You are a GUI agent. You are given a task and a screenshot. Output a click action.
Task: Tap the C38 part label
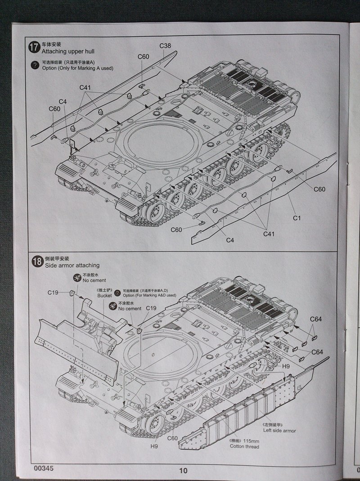point(165,46)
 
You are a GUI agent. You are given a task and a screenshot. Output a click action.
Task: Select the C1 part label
point(297,218)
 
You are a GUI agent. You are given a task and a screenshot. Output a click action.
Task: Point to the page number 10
point(183,471)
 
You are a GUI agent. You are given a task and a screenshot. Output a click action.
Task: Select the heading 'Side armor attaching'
point(72,265)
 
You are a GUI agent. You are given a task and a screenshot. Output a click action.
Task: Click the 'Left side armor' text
point(279,431)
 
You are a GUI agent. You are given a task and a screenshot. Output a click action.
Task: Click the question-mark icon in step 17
point(34,65)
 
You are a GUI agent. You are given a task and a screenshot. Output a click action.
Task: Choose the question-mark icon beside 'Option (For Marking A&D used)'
point(118,293)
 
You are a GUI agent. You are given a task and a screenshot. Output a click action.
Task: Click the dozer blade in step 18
point(72,346)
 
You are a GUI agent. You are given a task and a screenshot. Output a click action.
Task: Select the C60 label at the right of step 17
point(319,189)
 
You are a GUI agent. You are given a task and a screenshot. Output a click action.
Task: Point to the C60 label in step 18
point(172,438)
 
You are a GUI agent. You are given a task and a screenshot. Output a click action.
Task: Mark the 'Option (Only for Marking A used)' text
point(77,68)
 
